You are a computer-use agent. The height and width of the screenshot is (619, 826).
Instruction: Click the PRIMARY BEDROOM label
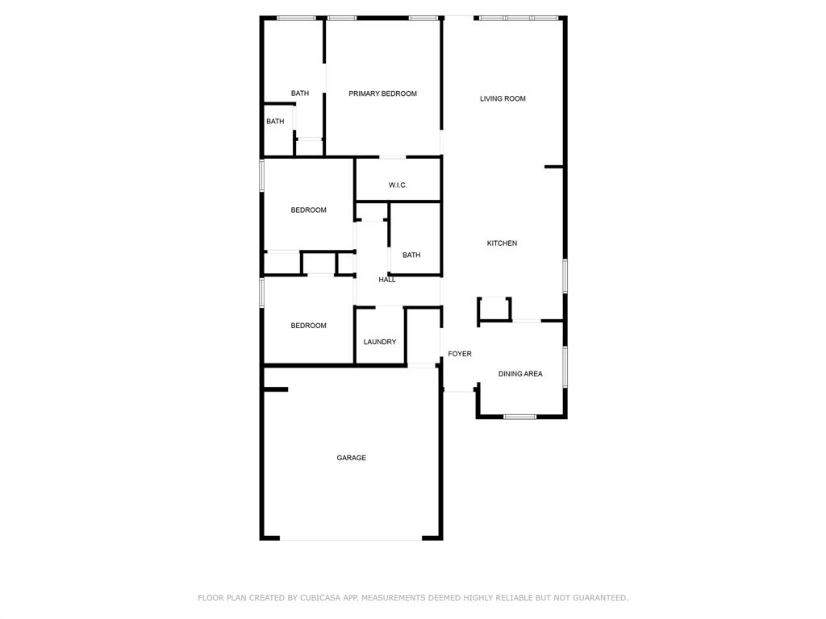tap(382, 93)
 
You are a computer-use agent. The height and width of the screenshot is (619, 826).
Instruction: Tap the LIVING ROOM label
tap(503, 98)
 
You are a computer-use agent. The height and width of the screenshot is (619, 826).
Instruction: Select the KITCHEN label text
tap(502, 243)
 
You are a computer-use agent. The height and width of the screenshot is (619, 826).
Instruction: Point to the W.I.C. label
tap(398, 185)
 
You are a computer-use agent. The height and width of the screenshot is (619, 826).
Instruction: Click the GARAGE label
tap(351, 458)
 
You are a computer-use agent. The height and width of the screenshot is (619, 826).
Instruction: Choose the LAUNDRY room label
tap(379, 342)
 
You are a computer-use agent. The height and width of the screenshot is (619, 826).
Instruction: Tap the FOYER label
tap(460, 354)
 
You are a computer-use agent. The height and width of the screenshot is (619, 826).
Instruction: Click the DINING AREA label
tap(520, 374)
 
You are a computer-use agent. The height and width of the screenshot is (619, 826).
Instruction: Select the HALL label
tap(387, 280)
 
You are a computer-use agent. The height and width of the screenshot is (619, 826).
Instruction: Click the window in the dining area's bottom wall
tap(520, 417)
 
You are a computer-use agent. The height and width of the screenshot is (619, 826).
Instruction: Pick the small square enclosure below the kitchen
tap(494, 309)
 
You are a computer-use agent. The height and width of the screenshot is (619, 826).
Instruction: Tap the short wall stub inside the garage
tap(275, 390)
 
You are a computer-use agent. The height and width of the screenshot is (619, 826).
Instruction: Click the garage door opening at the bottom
tap(351, 538)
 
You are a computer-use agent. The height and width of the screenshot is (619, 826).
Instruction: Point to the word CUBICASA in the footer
tap(320, 598)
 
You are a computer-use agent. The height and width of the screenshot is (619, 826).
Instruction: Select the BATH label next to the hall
tap(411, 255)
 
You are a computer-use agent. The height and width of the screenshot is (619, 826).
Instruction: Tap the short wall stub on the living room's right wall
tap(553, 167)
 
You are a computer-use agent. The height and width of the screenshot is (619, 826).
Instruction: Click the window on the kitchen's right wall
tap(565, 276)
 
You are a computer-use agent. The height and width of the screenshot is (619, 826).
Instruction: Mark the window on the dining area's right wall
tap(565, 367)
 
